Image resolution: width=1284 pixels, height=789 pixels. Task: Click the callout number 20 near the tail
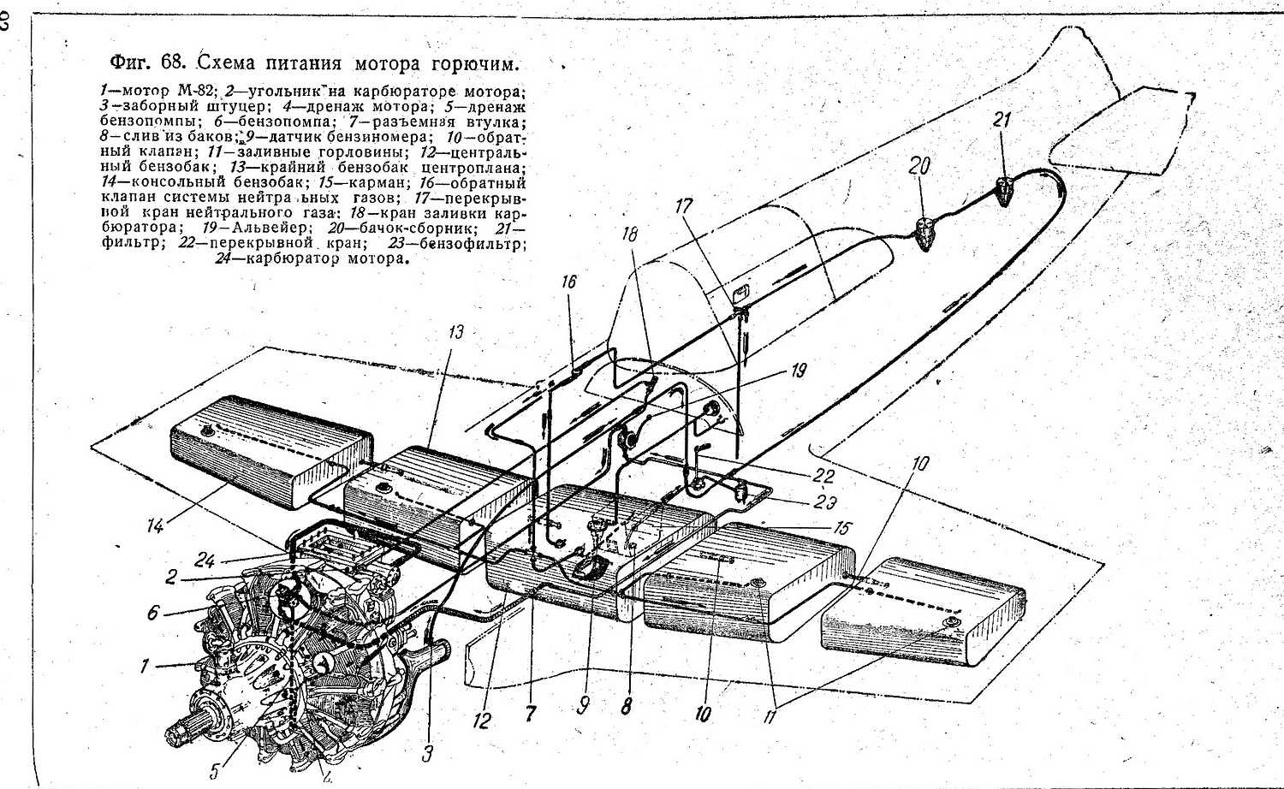919,166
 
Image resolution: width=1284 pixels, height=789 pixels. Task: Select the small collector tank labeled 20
924,232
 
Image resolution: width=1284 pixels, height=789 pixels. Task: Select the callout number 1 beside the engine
145,665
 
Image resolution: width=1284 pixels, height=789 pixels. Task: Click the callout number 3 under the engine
428,753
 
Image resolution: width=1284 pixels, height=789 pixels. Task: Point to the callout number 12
481,721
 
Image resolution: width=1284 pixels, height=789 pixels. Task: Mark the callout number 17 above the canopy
683,205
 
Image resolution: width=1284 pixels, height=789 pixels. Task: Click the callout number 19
798,371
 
